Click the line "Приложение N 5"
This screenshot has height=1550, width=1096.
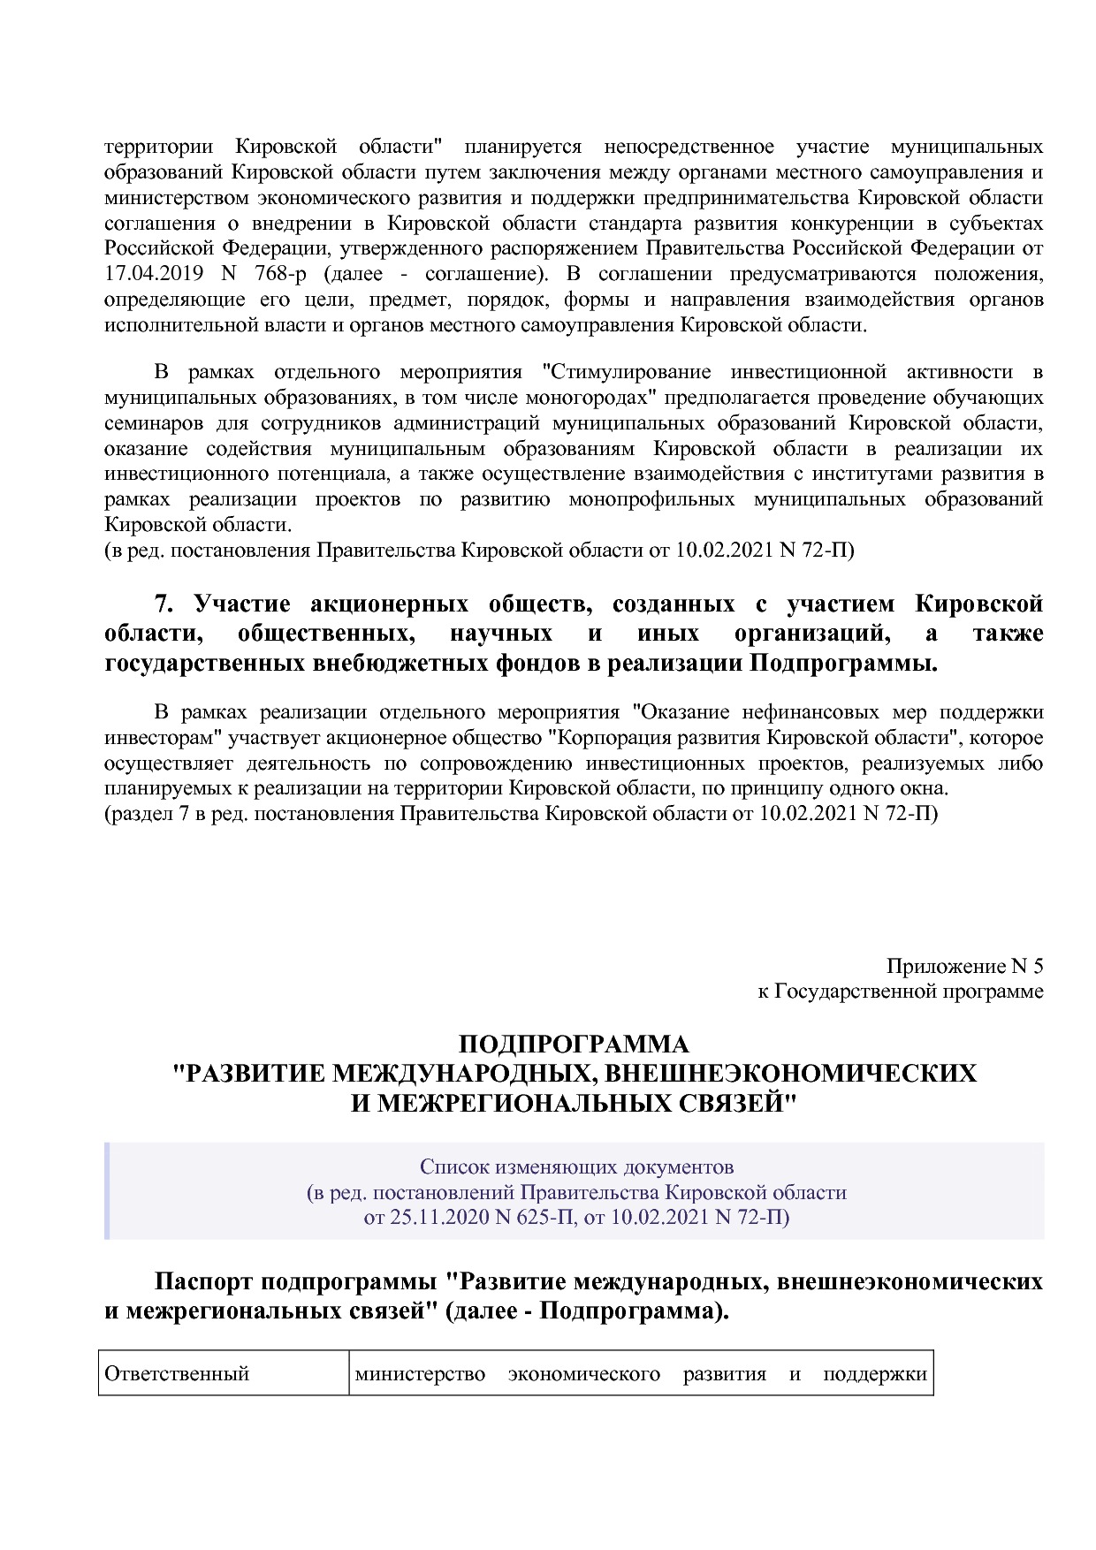[x=964, y=965]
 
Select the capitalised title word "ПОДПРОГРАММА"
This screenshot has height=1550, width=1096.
[x=573, y=1045]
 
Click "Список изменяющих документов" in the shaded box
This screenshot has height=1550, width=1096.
[x=576, y=1166]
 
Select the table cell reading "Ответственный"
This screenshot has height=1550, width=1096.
[x=177, y=1374]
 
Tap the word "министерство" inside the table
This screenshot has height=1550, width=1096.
[x=420, y=1374]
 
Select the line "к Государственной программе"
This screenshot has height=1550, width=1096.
[x=900, y=992]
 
